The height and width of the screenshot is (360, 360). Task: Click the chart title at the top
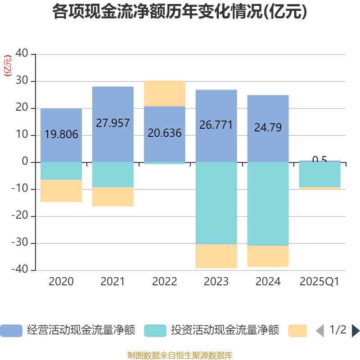pyautogui.click(x=180, y=12)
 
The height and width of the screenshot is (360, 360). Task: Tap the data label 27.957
pyautogui.click(x=113, y=123)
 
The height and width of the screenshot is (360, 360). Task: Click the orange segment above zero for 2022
pyautogui.click(x=165, y=94)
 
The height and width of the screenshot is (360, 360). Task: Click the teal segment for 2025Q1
pyautogui.click(x=319, y=174)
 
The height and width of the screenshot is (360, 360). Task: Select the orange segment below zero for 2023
pyautogui.click(x=216, y=256)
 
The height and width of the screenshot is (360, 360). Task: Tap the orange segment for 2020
pyautogui.click(x=61, y=191)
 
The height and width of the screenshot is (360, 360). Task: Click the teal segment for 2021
pyautogui.click(x=113, y=174)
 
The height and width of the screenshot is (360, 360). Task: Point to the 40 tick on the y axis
pyautogui.click(x=22, y=54)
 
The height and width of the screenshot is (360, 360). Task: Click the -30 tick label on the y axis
pyautogui.click(x=20, y=243)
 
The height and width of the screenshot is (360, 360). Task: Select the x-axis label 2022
pyautogui.click(x=165, y=282)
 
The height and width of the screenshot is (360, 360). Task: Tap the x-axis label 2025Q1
pyautogui.click(x=319, y=282)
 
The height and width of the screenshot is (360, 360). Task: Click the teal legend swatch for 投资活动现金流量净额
pyautogui.click(x=155, y=330)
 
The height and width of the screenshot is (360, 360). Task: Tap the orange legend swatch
pyautogui.click(x=297, y=330)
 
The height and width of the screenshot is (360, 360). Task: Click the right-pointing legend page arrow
pyautogui.click(x=355, y=330)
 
